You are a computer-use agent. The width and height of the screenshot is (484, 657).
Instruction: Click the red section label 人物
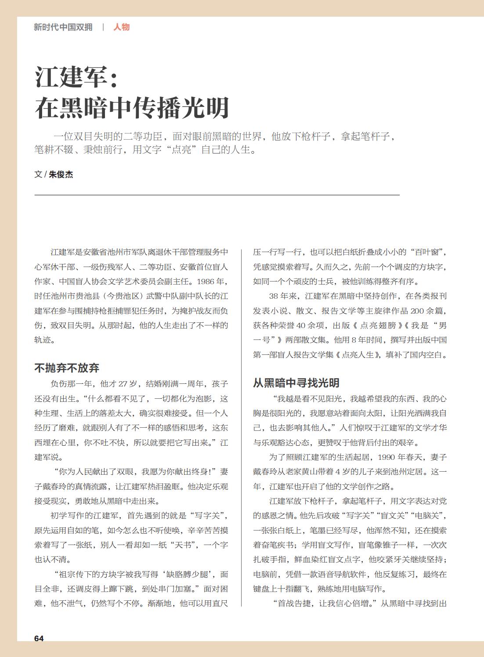[122, 27]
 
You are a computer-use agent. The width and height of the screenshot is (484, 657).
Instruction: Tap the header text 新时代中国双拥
[63, 27]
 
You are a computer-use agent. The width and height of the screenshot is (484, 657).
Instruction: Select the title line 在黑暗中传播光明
[132, 108]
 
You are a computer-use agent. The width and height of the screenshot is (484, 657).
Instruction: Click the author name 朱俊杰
[61, 174]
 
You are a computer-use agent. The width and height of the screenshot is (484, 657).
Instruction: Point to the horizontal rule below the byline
[217, 195]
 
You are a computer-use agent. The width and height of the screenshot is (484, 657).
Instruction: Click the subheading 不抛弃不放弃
[67, 368]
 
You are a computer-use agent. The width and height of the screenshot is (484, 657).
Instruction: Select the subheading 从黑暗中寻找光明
[296, 383]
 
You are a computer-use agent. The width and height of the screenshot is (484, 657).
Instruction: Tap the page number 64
[39, 638]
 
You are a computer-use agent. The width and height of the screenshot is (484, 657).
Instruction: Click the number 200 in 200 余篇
[417, 311]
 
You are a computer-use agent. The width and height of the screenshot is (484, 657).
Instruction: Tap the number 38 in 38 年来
[274, 296]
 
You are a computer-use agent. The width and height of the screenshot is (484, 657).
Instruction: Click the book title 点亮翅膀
[378, 325]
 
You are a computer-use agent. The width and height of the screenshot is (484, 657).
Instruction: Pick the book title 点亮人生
[358, 355]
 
